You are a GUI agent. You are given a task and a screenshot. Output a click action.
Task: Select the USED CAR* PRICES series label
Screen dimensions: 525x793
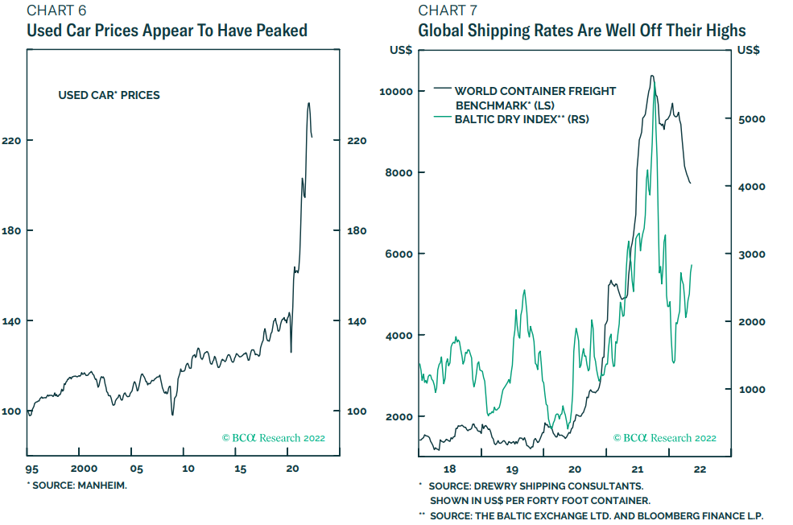pos(109,95)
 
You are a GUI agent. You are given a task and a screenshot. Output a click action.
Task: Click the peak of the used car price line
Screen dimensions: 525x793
pos(308,103)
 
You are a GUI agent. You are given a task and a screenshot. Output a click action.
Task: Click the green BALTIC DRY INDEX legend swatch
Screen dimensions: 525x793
pos(442,118)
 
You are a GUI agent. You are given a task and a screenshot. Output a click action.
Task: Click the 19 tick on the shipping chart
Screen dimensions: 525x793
pos(511,469)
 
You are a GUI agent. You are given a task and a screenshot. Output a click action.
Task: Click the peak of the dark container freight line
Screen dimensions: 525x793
pos(652,76)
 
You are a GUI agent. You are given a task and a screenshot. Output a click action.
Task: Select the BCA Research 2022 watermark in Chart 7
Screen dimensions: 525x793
pos(664,438)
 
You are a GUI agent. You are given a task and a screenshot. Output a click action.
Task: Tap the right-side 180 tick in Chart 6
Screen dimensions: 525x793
pos(357,231)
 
